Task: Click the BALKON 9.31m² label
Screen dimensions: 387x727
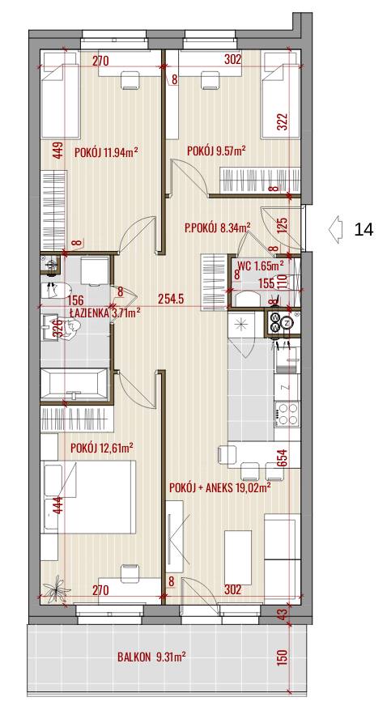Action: (x=151, y=657)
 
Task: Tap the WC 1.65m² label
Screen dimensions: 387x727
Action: (x=261, y=266)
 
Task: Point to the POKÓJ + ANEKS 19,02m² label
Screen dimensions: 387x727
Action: (x=220, y=487)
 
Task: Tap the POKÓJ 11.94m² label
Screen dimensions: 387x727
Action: (x=107, y=152)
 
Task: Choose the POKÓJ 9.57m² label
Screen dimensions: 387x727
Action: (x=216, y=151)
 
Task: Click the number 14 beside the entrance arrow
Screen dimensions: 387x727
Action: (x=364, y=229)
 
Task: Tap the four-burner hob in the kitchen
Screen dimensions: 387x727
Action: (x=287, y=414)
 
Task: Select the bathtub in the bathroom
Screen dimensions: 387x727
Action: (x=74, y=384)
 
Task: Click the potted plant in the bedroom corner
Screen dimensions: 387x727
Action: (x=57, y=588)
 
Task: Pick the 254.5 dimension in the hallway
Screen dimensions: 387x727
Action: (x=170, y=299)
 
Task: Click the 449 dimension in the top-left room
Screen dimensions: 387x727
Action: (x=57, y=151)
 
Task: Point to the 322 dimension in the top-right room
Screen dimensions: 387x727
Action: (x=283, y=122)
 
